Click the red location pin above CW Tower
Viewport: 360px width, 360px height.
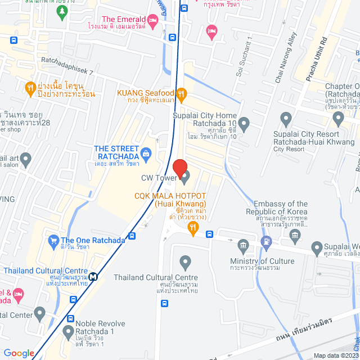point(179,168)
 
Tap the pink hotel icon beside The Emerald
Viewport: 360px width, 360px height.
point(152,21)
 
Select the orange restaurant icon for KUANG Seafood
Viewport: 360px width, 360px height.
point(181,94)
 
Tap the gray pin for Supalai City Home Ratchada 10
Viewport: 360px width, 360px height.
point(244,123)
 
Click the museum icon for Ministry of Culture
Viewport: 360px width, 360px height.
point(243,245)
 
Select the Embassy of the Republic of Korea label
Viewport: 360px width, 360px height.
point(280,208)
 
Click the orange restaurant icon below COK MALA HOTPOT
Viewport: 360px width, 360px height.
point(193,227)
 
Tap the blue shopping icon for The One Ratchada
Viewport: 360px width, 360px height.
point(54,240)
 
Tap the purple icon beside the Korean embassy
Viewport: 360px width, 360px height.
point(267,242)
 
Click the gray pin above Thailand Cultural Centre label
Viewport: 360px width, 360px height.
point(184,262)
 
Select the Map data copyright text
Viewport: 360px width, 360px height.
point(335,355)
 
